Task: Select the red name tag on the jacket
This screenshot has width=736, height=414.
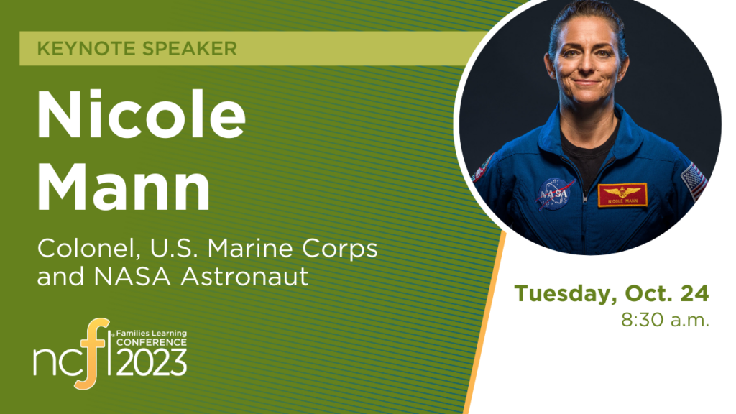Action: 622,195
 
